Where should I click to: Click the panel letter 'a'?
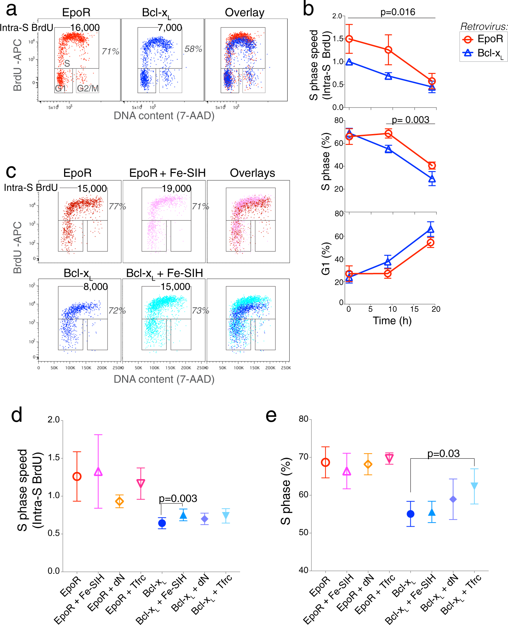click(11, 10)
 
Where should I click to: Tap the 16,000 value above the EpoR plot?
click(85, 27)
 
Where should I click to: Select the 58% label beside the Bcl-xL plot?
click(193, 49)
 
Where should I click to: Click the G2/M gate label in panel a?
click(88, 89)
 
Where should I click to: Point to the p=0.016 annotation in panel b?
click(397, 12)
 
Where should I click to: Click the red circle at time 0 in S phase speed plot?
click(349, 39)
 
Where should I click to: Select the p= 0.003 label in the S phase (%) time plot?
click(410, 120)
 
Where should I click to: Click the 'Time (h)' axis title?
click(392, 321)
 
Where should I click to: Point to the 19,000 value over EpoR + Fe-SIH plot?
click(176, 188)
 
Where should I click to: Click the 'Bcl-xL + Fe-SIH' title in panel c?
click(164, 273)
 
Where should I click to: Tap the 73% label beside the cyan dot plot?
click(200, 310)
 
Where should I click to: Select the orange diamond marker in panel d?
click(119, 501)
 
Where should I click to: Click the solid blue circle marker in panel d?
click(162, 523)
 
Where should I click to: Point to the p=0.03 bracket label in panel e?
click(443, 454)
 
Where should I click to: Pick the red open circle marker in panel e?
click(325, 462)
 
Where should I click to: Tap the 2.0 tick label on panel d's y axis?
click(54, 420)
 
